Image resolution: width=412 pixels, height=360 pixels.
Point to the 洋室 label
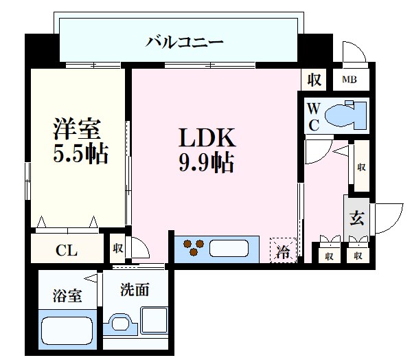coord(77,128)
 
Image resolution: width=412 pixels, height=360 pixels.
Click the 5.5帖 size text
coord(80,154)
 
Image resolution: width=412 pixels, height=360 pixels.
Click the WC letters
coord(313,116)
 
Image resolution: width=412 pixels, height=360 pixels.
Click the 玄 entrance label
coord(357,219)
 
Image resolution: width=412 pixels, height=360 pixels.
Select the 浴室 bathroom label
coord(67,296)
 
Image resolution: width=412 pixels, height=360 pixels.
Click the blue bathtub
coord(66,330)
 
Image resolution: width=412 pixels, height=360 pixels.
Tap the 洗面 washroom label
coord(135,291)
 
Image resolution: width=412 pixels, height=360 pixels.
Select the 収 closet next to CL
coord(118,248)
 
